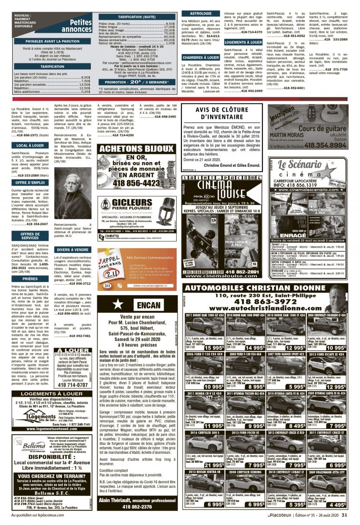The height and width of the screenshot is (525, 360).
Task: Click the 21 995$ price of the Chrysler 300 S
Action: [x=213, y=451]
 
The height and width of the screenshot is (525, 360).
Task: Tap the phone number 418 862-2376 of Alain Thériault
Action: [x=137, y=506]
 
